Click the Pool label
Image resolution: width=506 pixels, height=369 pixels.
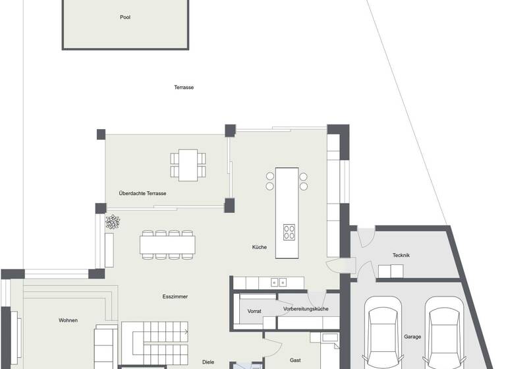tap(125, 17)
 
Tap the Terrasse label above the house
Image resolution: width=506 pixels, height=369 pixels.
tap(184, 87)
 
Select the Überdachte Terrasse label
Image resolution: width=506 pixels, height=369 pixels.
tap(142, 193)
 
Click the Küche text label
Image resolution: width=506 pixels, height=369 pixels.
tap(259, 247)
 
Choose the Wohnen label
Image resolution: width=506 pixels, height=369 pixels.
tap(68, 320)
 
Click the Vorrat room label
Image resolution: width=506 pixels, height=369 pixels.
tap(254, 310)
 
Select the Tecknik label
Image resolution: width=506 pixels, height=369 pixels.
tap(401, 255)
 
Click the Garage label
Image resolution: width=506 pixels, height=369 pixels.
tap(413, 337)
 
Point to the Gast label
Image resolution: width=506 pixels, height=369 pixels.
tap(296, 360)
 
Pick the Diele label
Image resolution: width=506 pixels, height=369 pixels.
tap(208, 362)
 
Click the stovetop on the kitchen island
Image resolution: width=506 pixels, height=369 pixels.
tap(289, 231)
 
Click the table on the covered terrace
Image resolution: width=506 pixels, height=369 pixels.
tap(187, 165)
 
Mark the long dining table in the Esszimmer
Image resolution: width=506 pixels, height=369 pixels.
tap(167, 244)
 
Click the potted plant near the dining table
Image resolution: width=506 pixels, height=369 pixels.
tap(113, 222)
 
